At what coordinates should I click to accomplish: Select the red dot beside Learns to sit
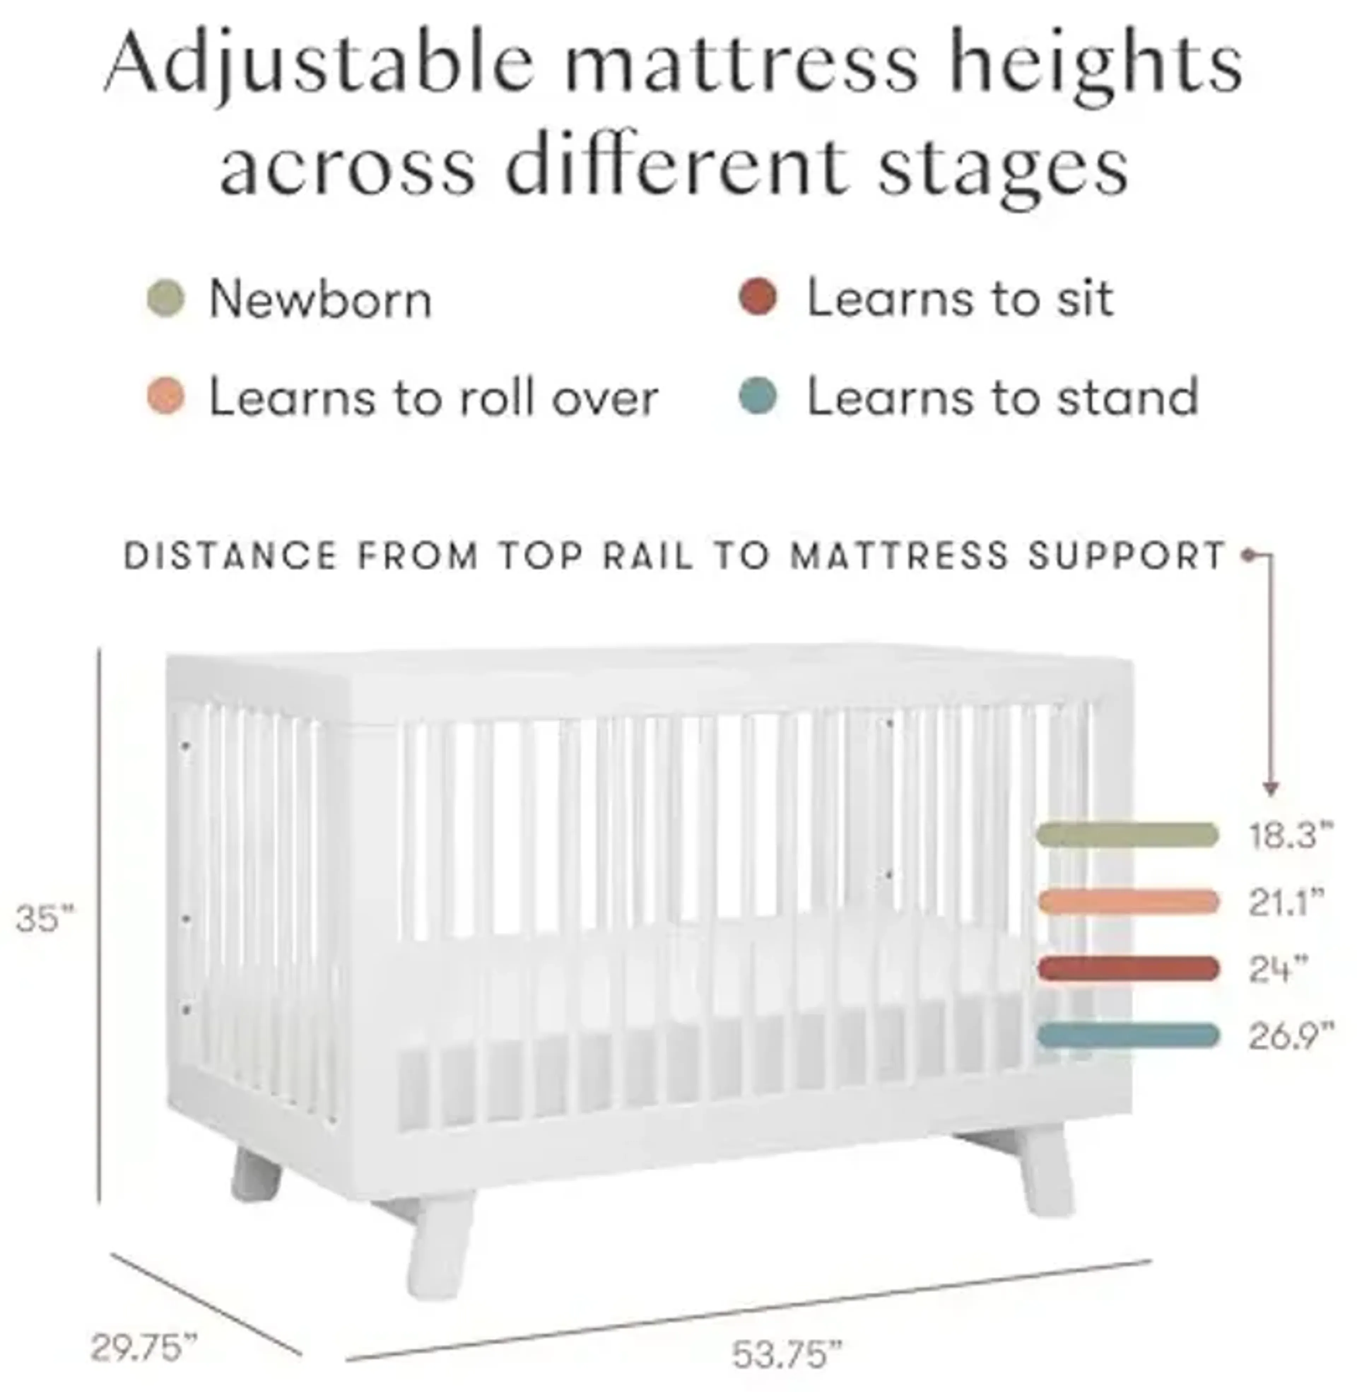pyautogui.click(x=758, y=299)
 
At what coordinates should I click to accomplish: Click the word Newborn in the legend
pyautogui.click(x=321, y=299)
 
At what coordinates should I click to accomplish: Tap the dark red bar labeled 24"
pyautogui.click(x=1128, y=969)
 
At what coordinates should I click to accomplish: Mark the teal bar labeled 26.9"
pyautogui.click(x=1128, y=1035)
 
